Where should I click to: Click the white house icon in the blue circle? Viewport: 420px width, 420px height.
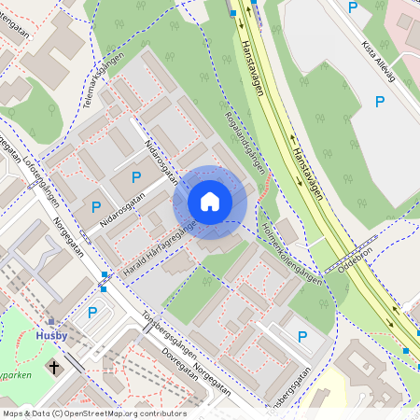(x=210, y=202)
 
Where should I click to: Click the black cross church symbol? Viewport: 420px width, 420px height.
(x=54, y=367)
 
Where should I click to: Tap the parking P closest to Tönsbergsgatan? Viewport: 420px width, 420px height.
(x=301, y=337)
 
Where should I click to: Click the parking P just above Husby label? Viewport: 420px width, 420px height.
(x=92, y=313)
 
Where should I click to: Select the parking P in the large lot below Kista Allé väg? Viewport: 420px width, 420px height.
(x=380, y=102)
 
